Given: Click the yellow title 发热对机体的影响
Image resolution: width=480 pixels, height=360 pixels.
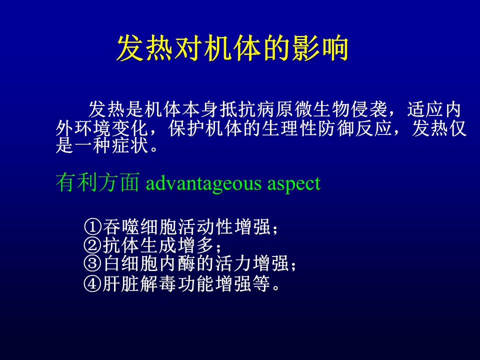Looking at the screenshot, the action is [x=232, y=48].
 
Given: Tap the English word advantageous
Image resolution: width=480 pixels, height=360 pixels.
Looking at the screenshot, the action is [x=203, y=183].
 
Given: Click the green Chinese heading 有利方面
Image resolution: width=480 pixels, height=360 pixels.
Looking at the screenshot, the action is [x=97, y=182].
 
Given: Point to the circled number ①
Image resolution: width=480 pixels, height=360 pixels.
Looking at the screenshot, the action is [x=92, y=227].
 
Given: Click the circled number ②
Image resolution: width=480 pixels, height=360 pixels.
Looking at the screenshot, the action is [x=92, y=245].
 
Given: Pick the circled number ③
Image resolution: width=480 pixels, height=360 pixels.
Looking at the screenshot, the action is [x=92, y=263].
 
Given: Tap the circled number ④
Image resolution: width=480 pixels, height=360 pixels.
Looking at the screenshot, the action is [x=92, y=284].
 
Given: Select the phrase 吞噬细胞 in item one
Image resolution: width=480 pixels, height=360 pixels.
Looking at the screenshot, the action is [x=140, y=227].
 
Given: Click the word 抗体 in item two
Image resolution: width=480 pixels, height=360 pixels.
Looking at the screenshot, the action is [x=121, y=245].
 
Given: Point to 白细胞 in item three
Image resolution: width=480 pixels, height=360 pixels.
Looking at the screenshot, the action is [x=130, y=263].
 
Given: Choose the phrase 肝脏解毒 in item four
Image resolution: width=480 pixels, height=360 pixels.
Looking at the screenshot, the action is [x=140, y=284].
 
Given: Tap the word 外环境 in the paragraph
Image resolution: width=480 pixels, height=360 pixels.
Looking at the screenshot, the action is [x=83, y=128].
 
